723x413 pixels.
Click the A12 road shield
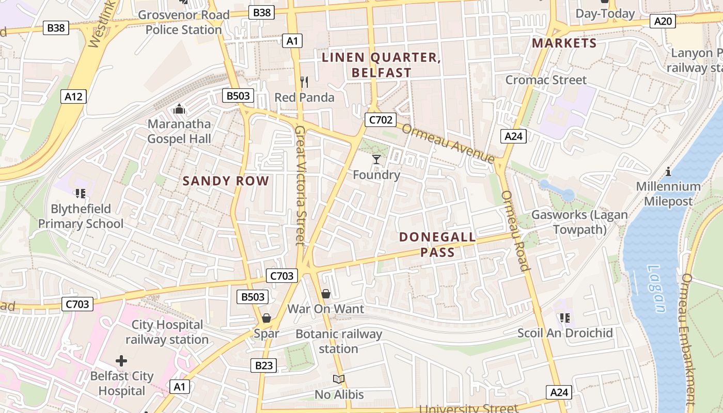click(x=73, y=97)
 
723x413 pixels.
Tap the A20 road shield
click(x=664, y=21)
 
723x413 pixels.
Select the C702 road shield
click(x=380, y=120)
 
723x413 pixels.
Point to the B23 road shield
click(x=263, y=366)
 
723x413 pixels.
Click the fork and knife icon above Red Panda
click(x=304, y=82)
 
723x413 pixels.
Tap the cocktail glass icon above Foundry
click(x=376, y=159)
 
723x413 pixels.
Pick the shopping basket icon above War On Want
click(x=326, y=294)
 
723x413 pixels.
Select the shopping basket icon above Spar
click(x=266, y=318)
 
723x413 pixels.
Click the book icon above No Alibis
click(x=339, y=379)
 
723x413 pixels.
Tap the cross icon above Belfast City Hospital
click(x=121, y=360)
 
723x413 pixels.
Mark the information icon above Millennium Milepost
click(x=668, y=171)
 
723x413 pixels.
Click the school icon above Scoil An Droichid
click(x=564, y=317)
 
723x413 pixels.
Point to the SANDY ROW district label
click(x=226, y=181)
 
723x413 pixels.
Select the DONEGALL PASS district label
click(x=437, y=245)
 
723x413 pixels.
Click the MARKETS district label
click(x=564, y=43)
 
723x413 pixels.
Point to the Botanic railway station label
click(x=339, y=341)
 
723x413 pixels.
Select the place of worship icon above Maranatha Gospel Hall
click(x=179, y=109)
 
